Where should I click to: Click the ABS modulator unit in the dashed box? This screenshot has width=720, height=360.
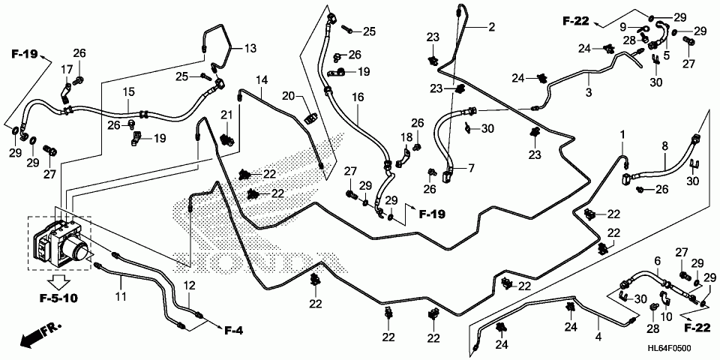[x=60, y=241]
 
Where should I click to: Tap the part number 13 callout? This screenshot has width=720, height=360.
[x=250, y=49]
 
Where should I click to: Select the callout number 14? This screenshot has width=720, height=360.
[x=261, y=80]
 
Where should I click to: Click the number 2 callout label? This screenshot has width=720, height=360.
[x=491, y=28]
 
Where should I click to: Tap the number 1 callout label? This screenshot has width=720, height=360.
[x=622, y=134]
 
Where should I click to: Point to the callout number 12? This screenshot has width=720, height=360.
[x=189, y=285]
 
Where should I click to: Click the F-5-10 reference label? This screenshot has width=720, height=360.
[x=59, y=298]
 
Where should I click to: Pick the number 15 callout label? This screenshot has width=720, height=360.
[x=129, y=91]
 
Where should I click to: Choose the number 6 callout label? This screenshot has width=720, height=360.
[x=657, y=260]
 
